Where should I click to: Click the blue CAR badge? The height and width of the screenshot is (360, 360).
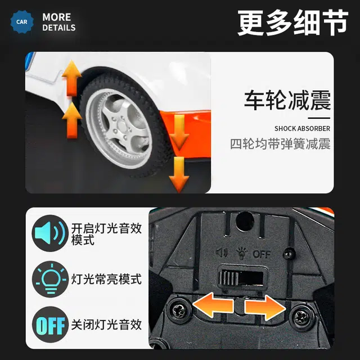[x=22, y=22]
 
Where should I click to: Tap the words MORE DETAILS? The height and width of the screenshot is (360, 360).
[x=58, y=22]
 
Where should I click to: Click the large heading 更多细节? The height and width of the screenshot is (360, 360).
[x=292, y=22]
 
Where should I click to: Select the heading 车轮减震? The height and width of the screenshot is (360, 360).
[x=287, y=100]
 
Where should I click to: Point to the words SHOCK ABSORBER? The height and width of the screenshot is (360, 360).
[x=302, y=129]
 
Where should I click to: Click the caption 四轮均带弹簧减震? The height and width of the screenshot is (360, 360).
[x=280, y=144]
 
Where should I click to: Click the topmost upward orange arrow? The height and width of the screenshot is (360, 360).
[x=71, y=79]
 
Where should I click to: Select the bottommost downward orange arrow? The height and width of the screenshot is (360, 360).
[x=179, y=175]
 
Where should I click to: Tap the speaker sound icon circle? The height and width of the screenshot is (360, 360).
[x=50, y=233]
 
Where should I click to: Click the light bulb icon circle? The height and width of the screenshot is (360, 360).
[x=51, y=279]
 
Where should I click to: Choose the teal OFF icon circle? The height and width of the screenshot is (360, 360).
[x=51, y=325]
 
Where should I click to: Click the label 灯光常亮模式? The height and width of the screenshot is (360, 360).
[x=106, y=279]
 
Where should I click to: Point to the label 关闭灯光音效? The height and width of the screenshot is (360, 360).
[x=106, y=325]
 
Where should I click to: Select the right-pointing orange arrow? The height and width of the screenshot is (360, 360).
[x=265, y=308]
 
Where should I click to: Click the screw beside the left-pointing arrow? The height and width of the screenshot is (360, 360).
[x=179, y=311]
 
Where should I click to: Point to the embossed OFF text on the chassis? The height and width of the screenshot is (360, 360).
[x=262, y=254]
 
